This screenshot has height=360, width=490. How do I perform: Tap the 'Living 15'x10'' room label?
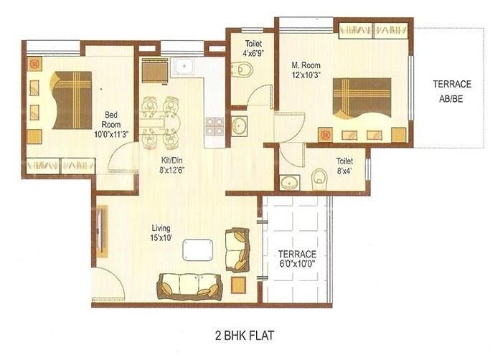coord(160,232)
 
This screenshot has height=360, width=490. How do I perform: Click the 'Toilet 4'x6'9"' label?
coord(251,47)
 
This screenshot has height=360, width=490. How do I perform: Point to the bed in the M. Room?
coord(362,98)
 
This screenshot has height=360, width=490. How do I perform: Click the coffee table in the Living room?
coord(197,250)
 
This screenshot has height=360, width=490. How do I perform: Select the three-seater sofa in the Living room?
coord(189,285)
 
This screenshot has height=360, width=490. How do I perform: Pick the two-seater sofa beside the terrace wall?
coord(237,249)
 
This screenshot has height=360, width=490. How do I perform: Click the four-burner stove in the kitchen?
coord(214,126)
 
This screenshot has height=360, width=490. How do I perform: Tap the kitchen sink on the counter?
coord(182,67)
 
